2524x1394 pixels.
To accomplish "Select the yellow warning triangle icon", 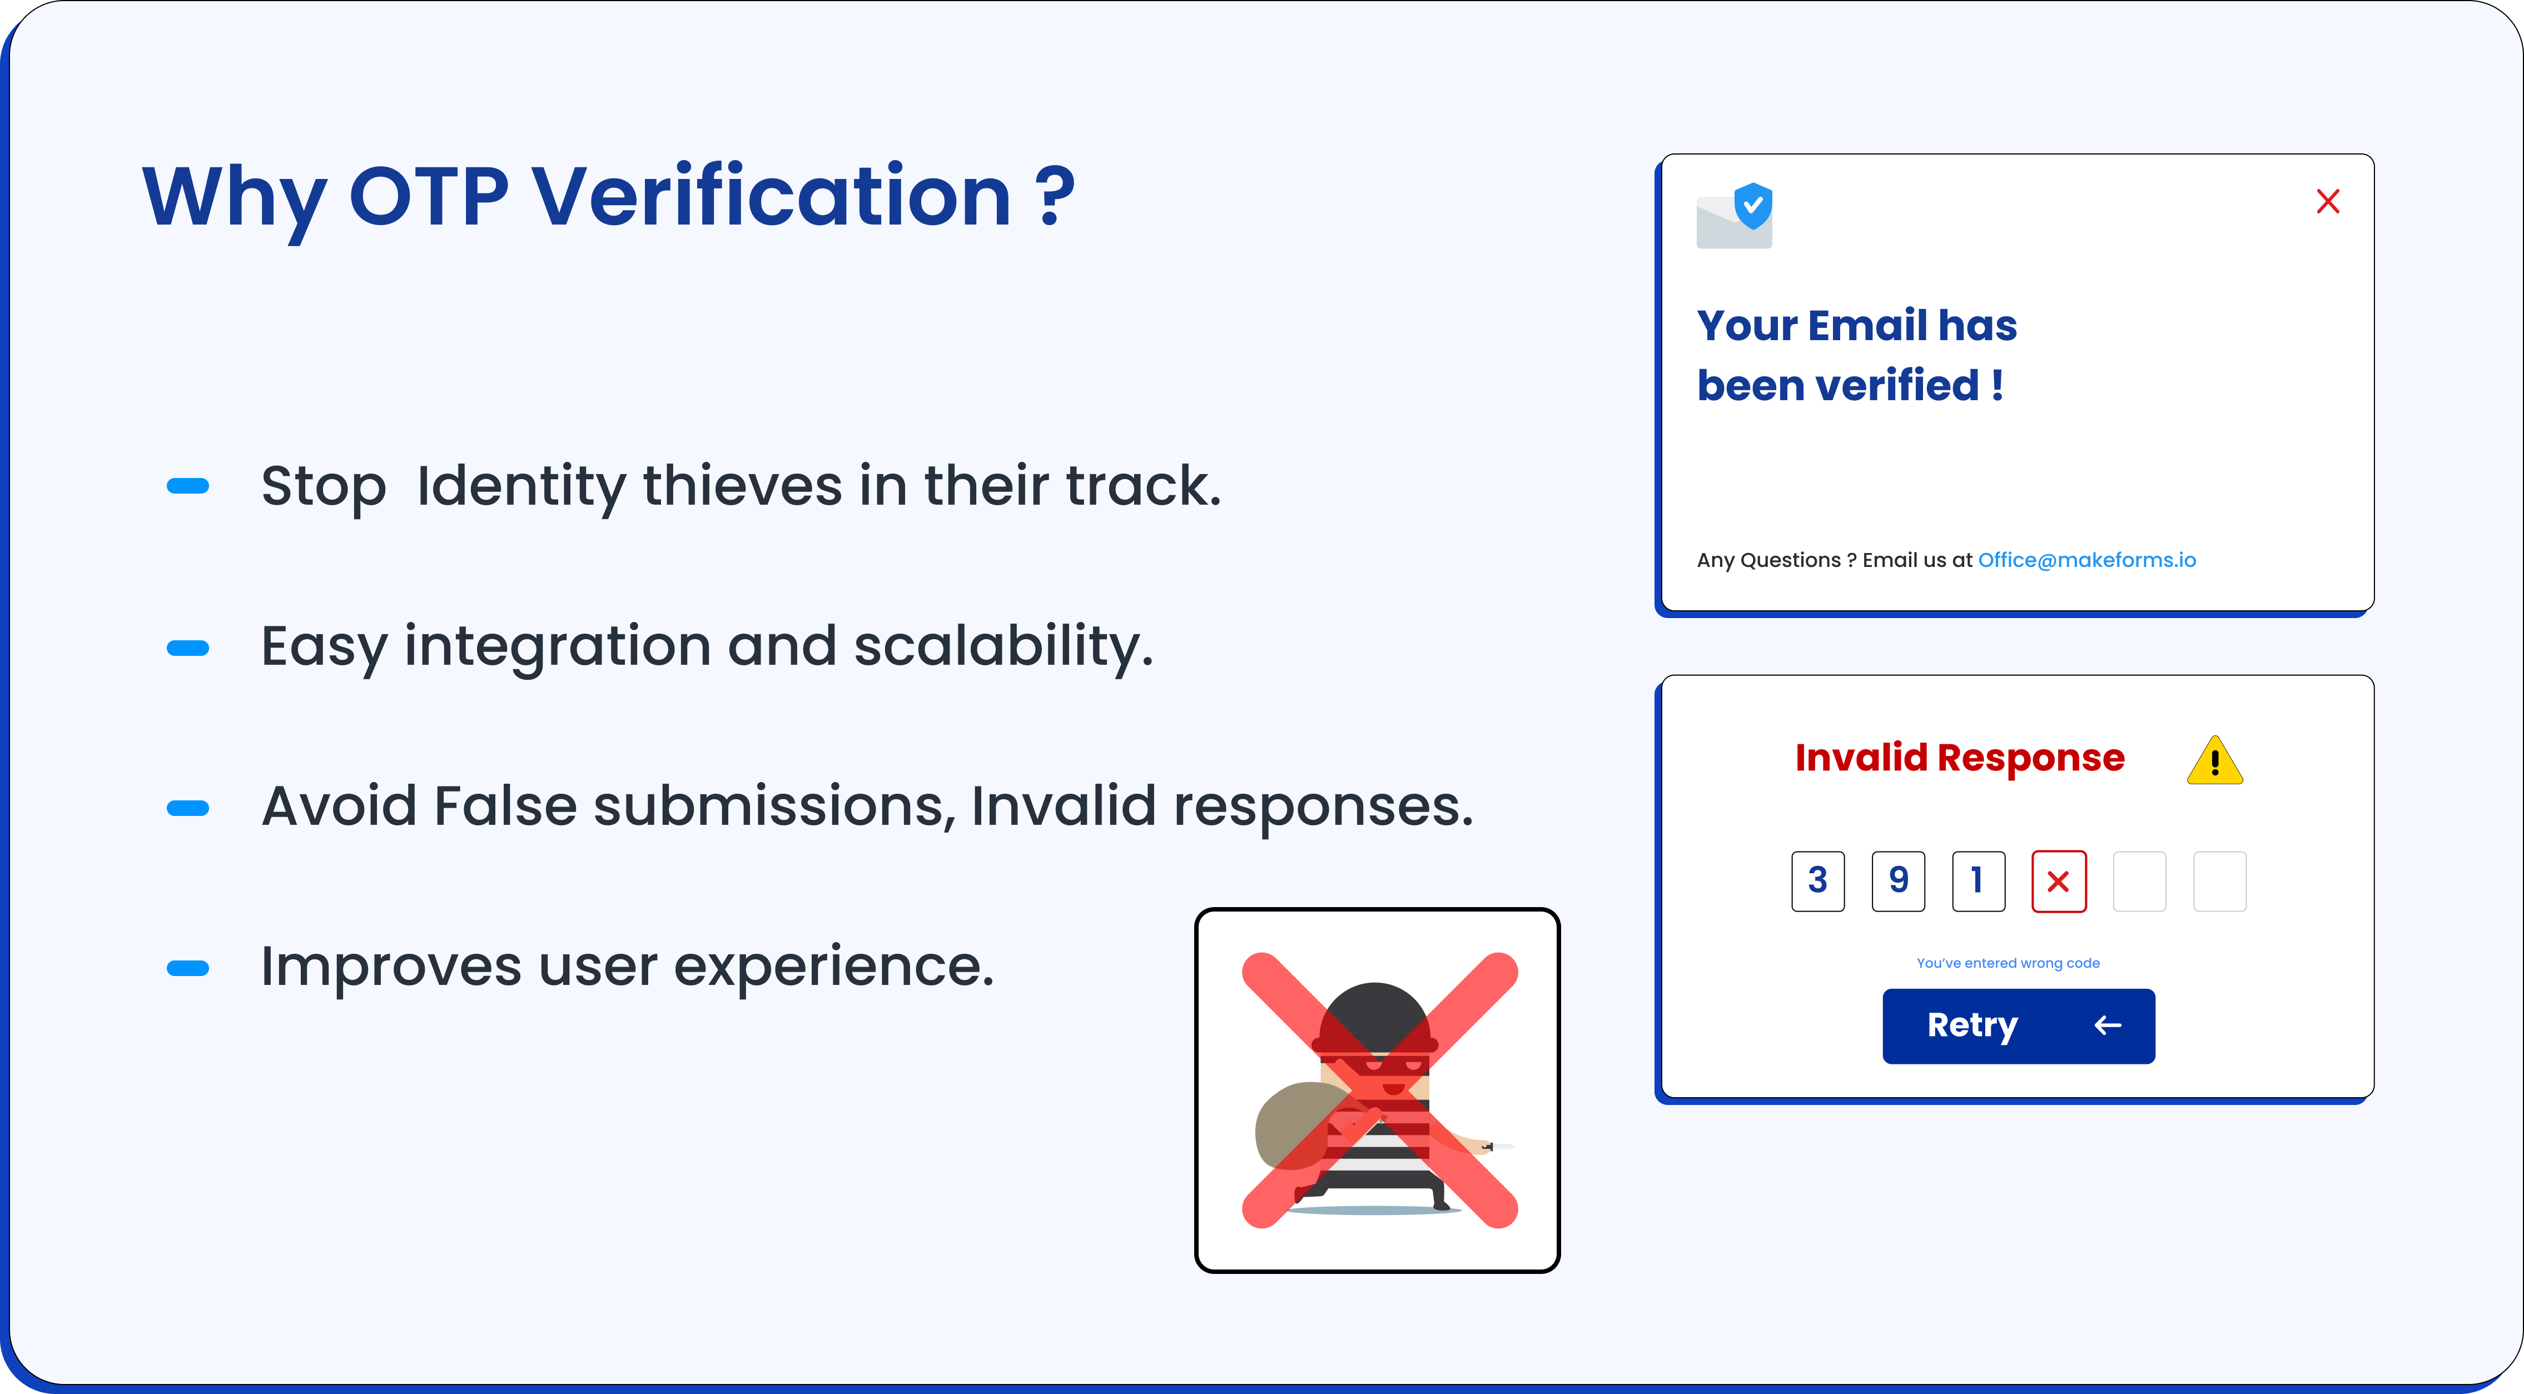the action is click(x=2214, y=760).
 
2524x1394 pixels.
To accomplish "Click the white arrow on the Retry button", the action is click(x=2108, y=1025).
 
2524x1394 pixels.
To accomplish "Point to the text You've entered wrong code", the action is click(x=2008, y=963).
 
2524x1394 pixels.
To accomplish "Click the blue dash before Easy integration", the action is click(x=188, y=648).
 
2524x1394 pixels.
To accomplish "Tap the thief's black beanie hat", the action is click(x=1375, y=1017).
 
